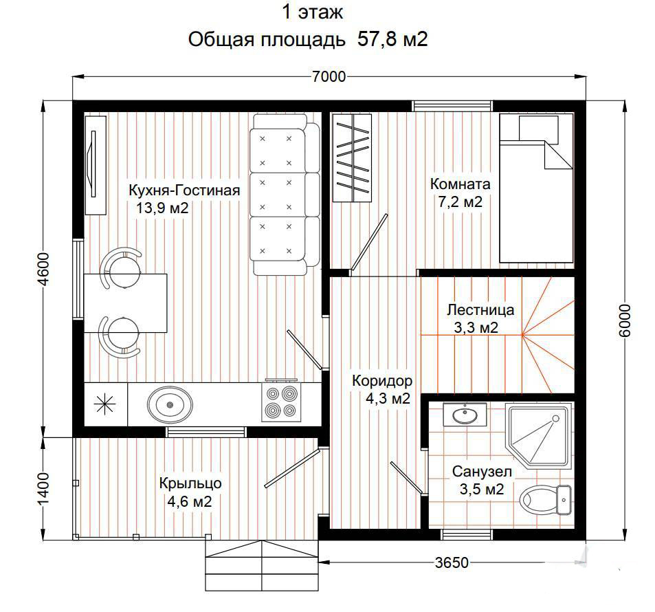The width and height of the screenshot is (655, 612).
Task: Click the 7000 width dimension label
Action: [x=329, y=76]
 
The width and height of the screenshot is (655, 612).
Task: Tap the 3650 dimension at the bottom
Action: [x=452, y=562]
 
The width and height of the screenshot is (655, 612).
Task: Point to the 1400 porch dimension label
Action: [x=43, y=489]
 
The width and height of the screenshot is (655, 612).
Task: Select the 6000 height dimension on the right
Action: [x=625, y=320]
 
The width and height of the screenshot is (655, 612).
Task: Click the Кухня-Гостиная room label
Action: [x=184, y=190]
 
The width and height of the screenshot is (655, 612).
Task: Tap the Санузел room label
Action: [x=482, y=472]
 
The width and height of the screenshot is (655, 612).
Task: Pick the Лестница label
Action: [x=480, y=309]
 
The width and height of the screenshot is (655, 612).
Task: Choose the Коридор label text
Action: [x=382, y=381]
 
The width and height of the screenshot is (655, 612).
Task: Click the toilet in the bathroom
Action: [x=545, y=499]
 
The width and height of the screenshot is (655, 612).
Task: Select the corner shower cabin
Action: [x=538, y=435]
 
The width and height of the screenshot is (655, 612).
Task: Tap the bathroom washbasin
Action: [x=465, y=415]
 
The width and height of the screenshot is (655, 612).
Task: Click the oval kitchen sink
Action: [x=170, y=404]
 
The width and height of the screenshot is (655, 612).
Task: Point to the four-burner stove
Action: [x=281, y=401]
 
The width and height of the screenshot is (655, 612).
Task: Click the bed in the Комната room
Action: [x=536, y=188]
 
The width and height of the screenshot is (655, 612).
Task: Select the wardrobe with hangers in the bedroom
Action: [x=352, y=158]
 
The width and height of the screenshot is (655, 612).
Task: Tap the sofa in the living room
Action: [x=285, y=195]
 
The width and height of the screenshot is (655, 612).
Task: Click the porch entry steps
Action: [x=262, y=565]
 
